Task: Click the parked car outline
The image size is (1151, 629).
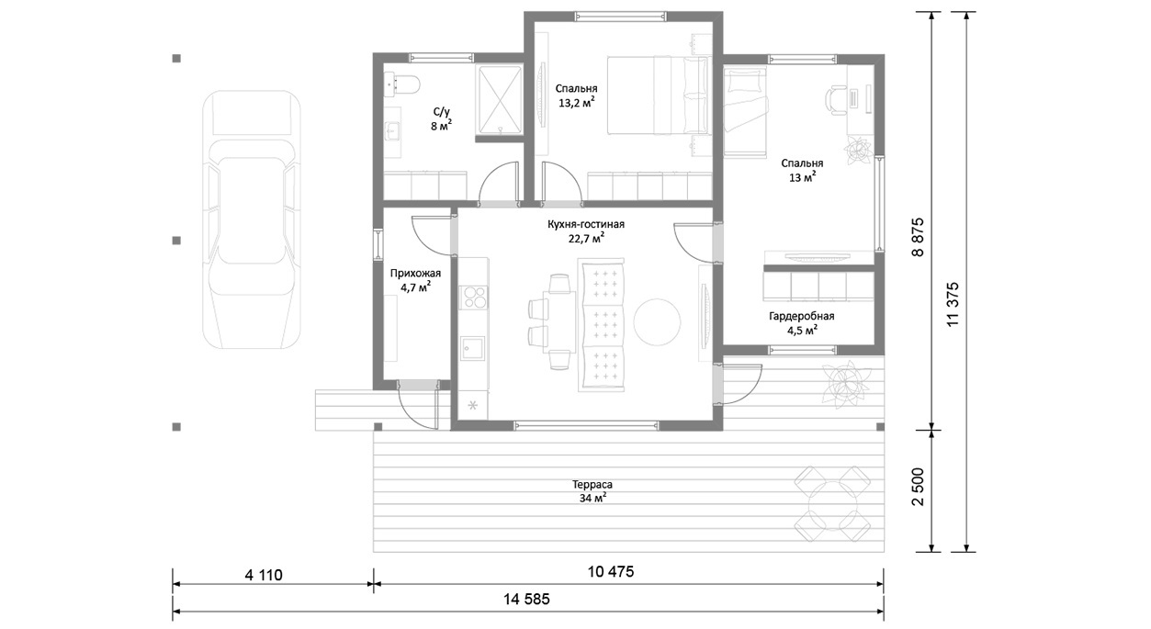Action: [252, 219]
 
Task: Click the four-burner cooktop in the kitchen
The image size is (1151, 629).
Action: [474, 298]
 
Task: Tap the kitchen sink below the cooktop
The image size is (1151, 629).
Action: [472, 349]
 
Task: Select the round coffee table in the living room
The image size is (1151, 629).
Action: [657, 322]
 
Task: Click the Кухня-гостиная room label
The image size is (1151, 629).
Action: [586, 224]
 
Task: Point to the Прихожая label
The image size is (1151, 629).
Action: [415, 274]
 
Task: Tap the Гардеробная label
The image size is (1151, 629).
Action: [802, 316]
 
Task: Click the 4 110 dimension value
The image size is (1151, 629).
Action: [264, 575]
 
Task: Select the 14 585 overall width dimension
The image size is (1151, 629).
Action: [526, 600]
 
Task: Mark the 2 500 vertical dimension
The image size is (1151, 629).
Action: [918, 487]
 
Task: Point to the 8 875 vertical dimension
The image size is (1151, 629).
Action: [918, 237]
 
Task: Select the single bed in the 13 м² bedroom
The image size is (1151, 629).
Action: [746, 112]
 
